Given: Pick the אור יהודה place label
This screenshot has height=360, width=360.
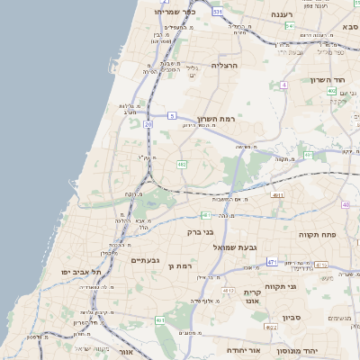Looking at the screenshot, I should [x=243, y=349].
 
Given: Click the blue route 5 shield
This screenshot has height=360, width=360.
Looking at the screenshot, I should [x=171, y=116].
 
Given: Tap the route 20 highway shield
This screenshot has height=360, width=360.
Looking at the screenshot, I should [x=148, y=124].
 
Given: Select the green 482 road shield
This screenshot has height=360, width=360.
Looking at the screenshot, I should [x=182, y=165].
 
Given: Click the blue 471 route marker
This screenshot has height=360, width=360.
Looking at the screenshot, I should [x=272, y=262].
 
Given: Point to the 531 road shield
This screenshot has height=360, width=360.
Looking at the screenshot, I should [x=218, y=12].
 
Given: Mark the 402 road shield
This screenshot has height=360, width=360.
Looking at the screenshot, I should [x=331, y=91].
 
